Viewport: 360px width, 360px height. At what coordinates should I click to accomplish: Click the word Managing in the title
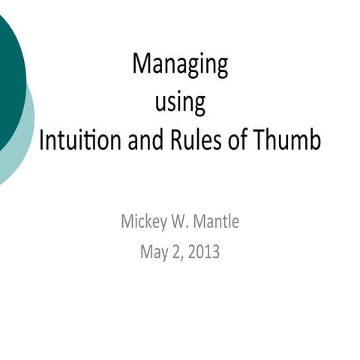point(180,65)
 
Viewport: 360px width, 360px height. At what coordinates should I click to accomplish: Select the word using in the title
point(180,103)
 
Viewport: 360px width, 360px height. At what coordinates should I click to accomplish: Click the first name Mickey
point(144,222)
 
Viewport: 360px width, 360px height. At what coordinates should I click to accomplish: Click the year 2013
point(204,252)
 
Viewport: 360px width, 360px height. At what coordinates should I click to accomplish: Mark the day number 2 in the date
point(177,252)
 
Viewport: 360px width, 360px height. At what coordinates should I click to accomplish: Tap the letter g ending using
point(199,105)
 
